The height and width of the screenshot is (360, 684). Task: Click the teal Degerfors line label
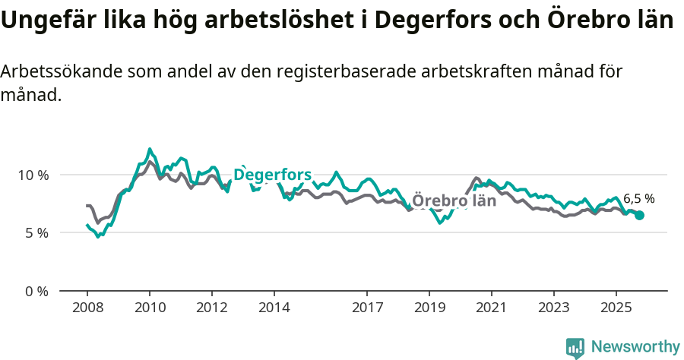tap(272, 175)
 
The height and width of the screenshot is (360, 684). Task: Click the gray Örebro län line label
tap(454, 201)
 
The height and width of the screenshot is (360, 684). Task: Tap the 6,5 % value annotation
tap(638, 199)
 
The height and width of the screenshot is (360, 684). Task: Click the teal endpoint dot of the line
tap(640, 216)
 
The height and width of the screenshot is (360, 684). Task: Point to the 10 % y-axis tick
tap(33, 175)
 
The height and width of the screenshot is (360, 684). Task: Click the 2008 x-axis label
tap(87, 308)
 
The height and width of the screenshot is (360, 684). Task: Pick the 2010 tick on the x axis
tap(150, 308)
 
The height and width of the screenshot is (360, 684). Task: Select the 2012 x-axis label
tap(212, 308)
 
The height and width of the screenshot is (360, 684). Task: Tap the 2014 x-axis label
tap(274, 308)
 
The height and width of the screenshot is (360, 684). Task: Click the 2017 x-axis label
tap(367, 308)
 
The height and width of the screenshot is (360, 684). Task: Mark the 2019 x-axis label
tap(429, 308)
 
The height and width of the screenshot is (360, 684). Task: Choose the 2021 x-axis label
tap(492, 308)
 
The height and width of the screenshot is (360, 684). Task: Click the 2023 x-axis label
tap(554, 308)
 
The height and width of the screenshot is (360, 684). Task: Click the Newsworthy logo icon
tap(575, 347)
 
